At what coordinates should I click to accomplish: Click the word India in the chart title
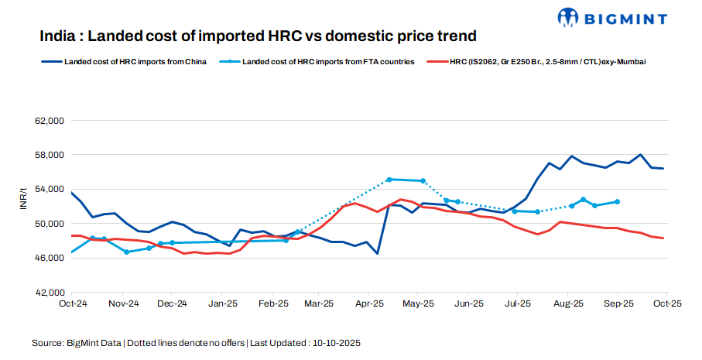[x=60, y=36]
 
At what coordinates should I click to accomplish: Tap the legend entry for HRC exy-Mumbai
[x=546, y=61]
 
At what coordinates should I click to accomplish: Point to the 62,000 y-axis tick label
[x=49, y=121]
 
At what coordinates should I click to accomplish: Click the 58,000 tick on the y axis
[x=49, y=155]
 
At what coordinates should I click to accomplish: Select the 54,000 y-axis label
[x=49, y=189]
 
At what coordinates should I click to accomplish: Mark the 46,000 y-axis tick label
[x=49, y=258]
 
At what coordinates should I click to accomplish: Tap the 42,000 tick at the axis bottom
[x=49, y=292]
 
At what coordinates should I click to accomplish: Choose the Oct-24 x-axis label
[x=72, y=304]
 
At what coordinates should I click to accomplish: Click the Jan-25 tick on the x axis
[x=223, y=304]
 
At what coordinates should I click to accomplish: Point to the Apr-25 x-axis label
[x=370, y=304]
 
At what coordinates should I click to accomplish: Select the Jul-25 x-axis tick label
[x=518, y=304]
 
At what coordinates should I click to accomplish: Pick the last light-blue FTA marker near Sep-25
[x=617, y=201]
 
